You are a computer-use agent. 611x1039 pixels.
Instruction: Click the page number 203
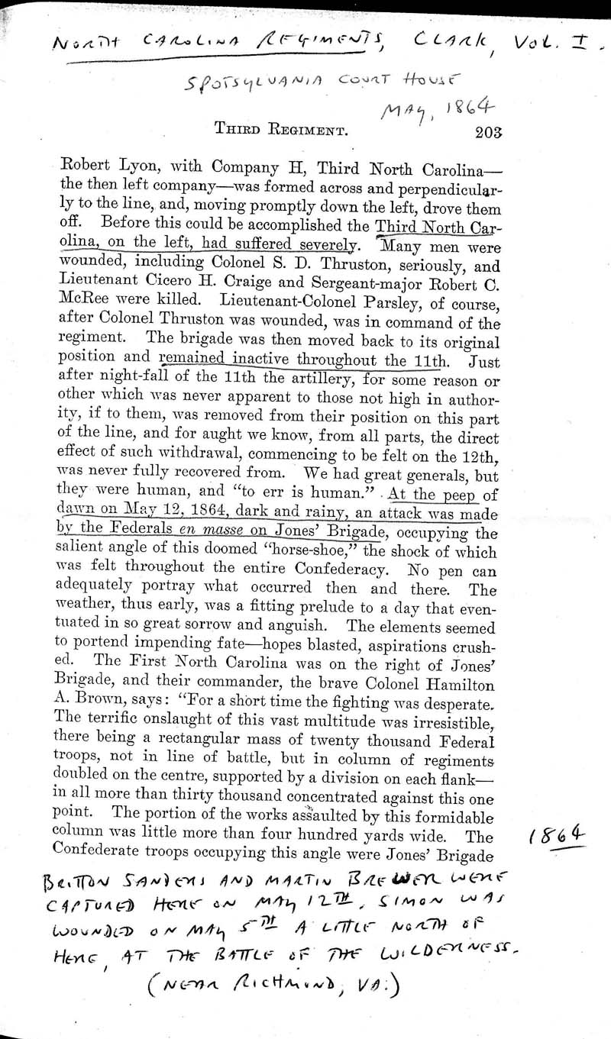click(487, 131)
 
